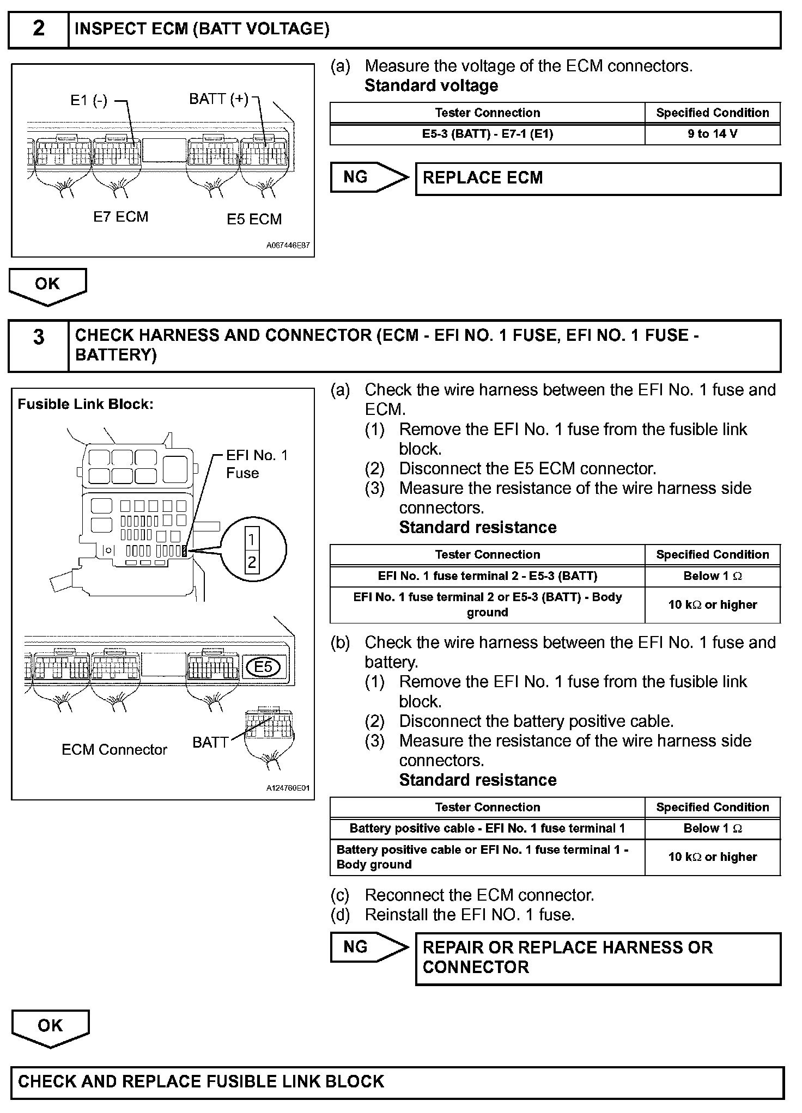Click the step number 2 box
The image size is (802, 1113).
click(x=38, y=29)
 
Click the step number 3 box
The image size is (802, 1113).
click(x=38, y=345)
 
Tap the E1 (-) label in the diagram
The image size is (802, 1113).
click(x=89, y=101)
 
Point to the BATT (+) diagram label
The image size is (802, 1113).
click(x=218, y=99)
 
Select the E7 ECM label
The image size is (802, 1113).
click(x=120, y=217)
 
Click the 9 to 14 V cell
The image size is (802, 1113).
click(x=712, y=134)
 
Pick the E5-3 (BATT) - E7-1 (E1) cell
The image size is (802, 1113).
click(x=487, y=134)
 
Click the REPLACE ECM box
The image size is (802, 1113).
click(x=598, y=178)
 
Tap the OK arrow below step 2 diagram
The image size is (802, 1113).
click(x=47, y=285)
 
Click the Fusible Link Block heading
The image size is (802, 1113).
click(x=86, y=404)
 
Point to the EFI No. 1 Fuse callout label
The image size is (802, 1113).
click(x=256, y=464)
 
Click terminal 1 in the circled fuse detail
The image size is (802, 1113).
click(x=252, y=540)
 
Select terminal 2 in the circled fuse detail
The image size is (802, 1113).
click(x=252, y=562)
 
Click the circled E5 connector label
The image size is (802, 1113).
click(x=263, y=667)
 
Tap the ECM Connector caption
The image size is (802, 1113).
click(x=114, y=750)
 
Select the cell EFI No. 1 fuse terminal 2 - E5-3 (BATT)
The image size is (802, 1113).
click(x=487, y=576)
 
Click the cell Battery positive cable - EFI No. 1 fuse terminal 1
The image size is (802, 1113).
click(x=487, y=829)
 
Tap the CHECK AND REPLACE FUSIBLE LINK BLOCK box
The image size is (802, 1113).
click(x=397, y=1081)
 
